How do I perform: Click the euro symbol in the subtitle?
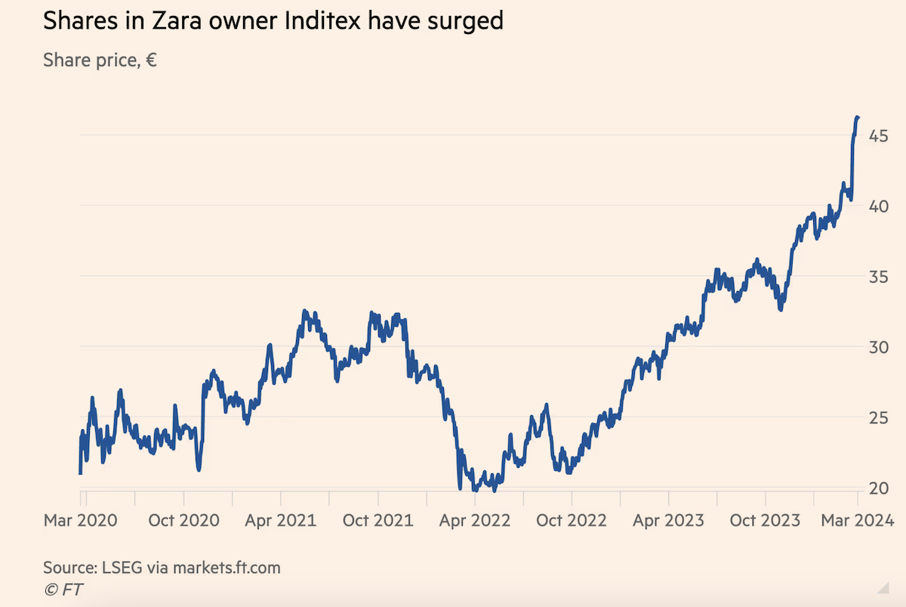pos(151,60)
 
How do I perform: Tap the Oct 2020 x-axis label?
pos(184,520)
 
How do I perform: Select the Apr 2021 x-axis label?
pos(281,520)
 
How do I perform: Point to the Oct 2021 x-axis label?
pos(378,520)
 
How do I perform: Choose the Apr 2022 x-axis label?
pos(475,520)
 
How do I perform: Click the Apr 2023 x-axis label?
pos(669,520)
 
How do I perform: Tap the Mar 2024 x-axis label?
pos(857,520)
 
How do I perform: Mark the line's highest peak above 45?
pos(858,117)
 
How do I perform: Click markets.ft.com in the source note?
pos(226,567)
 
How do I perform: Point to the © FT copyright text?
pos(64,590)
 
